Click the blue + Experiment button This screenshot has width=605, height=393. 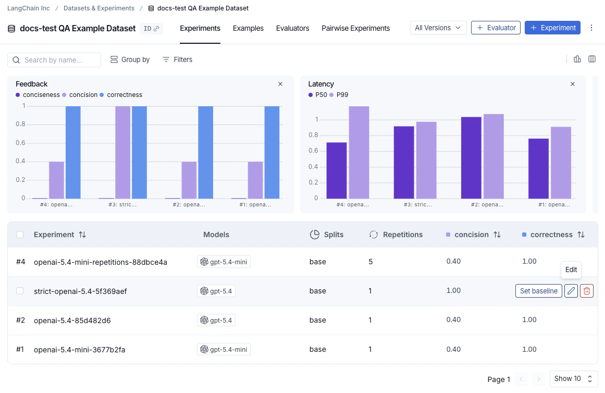pos(553,28)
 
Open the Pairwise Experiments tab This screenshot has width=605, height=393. pos(355,28)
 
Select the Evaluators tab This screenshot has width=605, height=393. pos(292,28)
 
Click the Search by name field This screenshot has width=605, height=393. pos(54,60)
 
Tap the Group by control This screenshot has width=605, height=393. pos(130,60)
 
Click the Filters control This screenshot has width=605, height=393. pos(178,60)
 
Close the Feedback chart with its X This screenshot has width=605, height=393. pos(280,84)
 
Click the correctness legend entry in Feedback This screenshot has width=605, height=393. pos(121,95)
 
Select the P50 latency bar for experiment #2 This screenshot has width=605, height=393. pos(471,157)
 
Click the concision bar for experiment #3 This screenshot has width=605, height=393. pos(122,152)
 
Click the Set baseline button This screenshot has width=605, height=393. pos(538,291)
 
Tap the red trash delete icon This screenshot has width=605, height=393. pos(587,291)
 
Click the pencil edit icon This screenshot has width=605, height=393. pos(571,291)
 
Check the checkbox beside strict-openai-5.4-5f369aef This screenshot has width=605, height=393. pos(20,291)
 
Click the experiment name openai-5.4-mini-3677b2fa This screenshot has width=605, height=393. pos(79,350)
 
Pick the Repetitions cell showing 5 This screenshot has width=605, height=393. pos(371,262)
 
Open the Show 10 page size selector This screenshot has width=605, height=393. pos(573,379)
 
